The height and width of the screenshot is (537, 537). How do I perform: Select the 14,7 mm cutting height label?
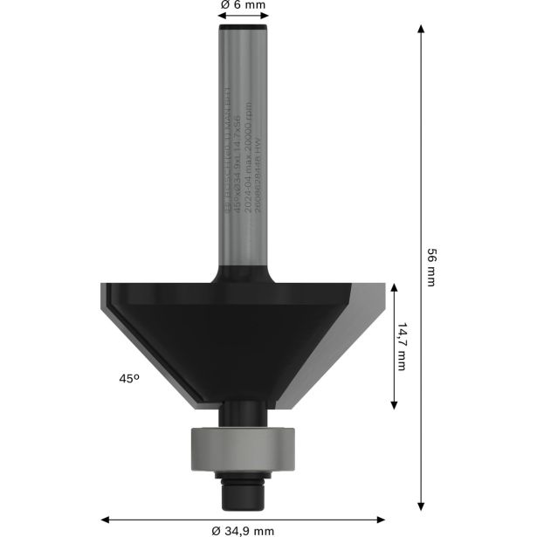pos(403,347)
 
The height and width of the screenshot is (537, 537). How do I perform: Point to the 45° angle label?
pos(129,379)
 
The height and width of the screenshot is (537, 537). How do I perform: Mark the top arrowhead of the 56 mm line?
pos(422,29)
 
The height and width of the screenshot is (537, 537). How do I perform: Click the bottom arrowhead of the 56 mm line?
pos(422,505)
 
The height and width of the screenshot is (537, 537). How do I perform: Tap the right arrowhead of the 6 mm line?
pos(265,16)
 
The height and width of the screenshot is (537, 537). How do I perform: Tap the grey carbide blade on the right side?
pos(365,332)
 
